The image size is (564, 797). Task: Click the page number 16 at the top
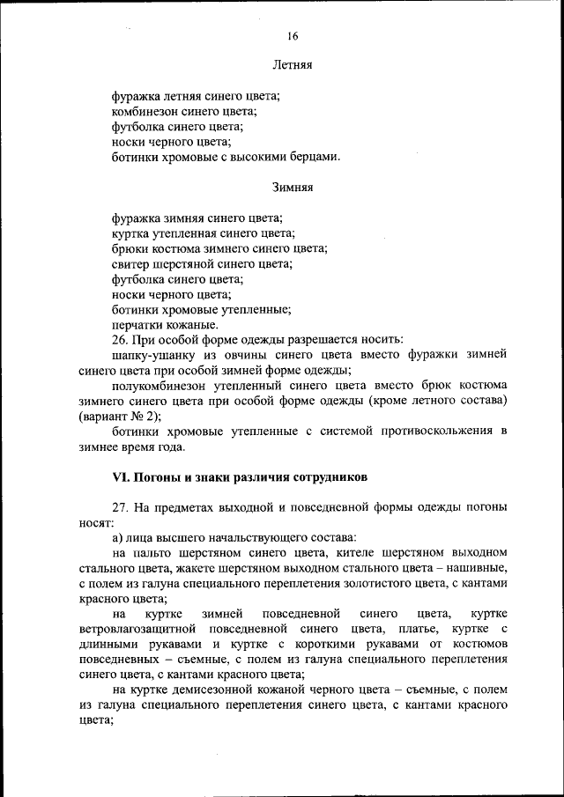[292, 36]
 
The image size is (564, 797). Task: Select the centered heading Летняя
[292, 65]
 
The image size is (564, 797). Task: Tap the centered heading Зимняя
[292, 188]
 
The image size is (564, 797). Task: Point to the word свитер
[130, 263]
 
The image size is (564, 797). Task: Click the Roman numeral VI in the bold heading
[121, 476]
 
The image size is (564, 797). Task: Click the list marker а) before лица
[118, 537]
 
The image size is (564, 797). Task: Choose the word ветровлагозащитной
[138, 628]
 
